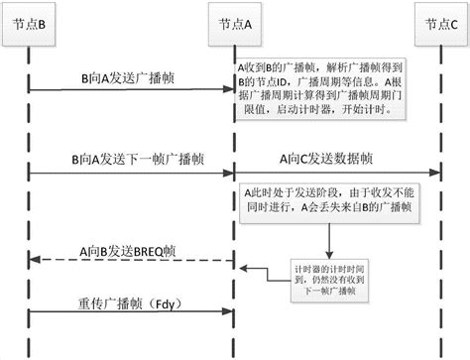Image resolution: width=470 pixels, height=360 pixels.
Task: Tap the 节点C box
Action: click(435, 23)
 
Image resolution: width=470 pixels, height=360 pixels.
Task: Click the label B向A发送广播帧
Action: click(127, 76)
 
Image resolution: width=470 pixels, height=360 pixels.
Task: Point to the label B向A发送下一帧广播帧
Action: click(127, 158)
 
